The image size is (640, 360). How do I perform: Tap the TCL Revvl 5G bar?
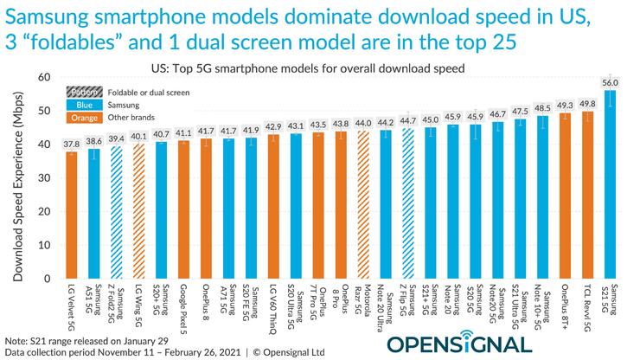(588, 193)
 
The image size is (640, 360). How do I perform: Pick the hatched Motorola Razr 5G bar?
(363, 202)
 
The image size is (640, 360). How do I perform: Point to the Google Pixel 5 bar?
(183, 208)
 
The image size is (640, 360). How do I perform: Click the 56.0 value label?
(611, 81)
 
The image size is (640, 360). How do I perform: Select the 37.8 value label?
(71, 143)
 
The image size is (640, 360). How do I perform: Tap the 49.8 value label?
(588, 103)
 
